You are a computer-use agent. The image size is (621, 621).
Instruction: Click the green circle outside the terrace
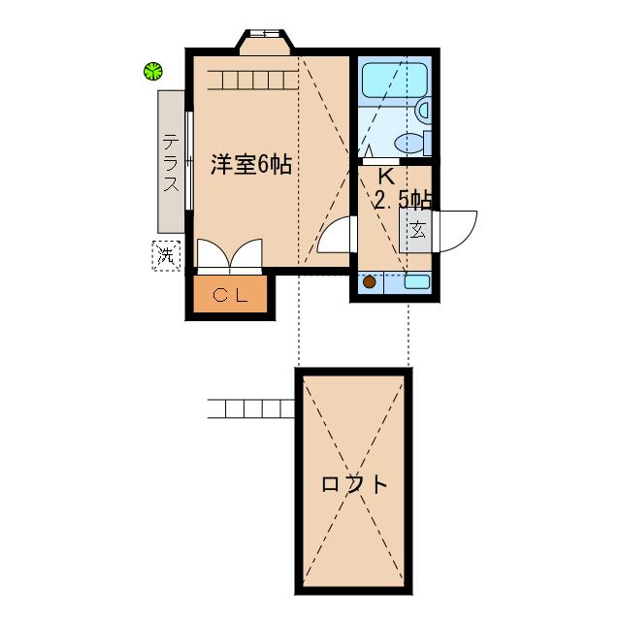coord(152,70)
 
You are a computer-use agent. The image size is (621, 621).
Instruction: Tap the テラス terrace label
coord(170,162)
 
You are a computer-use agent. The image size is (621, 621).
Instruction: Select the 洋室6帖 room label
coord(251,165)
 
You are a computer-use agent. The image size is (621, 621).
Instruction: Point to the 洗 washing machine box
coord(166,255)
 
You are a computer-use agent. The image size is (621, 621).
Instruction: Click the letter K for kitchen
coord(385,178)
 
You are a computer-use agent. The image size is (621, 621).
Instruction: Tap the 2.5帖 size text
coord(403,200)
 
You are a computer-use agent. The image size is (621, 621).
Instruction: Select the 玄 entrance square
coord(417,231)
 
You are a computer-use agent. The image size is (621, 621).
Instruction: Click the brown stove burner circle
coord(369,282)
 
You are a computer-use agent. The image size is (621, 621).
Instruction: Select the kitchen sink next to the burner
coord(416,282)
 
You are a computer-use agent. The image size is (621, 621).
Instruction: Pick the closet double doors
coord(229,255)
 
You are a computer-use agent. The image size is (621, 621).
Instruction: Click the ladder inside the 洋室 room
coord(250,80)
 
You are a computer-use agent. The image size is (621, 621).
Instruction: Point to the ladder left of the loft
coord(251,408)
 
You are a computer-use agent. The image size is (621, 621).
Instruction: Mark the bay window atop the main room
coord(265,42)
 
